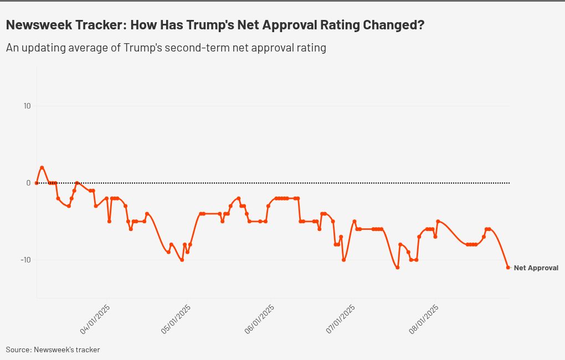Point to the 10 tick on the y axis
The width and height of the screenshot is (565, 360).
(27, 106)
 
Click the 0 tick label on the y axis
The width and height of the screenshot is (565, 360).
(29, 183)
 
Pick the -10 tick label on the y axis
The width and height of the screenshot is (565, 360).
(26, 260)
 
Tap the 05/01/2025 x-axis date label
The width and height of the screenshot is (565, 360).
(176, 319)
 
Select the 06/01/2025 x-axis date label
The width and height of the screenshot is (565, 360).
(259, 319)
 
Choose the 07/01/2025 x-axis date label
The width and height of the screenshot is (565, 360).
(341, 319)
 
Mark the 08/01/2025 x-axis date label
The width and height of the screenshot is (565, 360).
(424, 319)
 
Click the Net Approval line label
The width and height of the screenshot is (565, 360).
(536, 268)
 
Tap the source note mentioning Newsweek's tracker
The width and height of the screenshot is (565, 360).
(53, 349)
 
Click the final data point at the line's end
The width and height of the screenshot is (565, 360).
(508, 268)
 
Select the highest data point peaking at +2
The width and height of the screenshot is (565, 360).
(42, 167)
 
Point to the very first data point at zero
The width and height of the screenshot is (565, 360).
(37, 183)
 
